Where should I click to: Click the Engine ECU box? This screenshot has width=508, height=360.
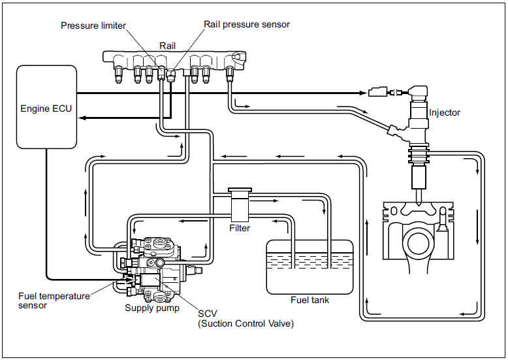click(x=46, y=105)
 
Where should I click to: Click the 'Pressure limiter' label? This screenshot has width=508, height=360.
click(x=93, y=25)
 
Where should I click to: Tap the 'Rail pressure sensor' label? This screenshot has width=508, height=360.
click(x=247, y=24)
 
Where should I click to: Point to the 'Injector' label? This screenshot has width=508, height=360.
click(x=444, y=112)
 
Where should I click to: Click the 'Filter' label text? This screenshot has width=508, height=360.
click(x=240, y=228)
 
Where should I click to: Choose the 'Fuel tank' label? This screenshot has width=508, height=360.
click(x=310, y=300)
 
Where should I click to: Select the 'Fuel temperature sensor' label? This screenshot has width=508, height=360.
click(x=54, y=301)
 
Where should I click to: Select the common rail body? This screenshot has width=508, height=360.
click(x=173, y=59)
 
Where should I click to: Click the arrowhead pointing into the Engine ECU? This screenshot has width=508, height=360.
click(x=80, y=118)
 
